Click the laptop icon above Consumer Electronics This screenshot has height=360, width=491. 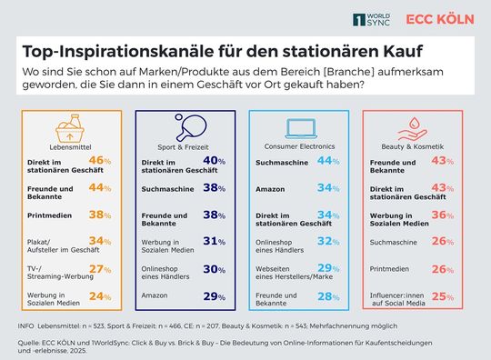click(x=302, y=126)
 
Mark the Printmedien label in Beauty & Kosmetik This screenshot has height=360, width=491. click(x=390, y=269)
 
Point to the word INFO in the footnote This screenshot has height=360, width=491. click(x=26, y=325)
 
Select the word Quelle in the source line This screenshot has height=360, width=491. click(x=30, y=342)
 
